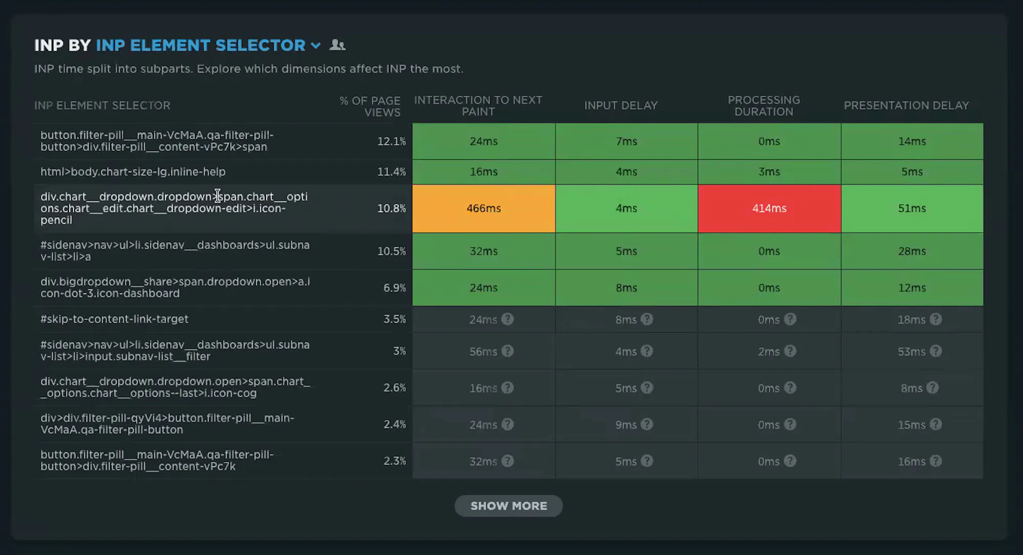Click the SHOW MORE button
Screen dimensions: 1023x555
click(x=508, y=506)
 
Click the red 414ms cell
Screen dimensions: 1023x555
click(x=769, y=208)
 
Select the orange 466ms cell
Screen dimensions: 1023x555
click(x=484, y=208)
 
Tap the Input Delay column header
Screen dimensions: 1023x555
click(x=621, y=105)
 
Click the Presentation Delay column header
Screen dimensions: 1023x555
click(x=906, y=105)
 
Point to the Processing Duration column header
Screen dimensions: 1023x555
click(x=764, y=106)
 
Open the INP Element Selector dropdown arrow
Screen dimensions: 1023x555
click(x=316, y=46)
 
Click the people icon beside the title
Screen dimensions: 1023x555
click(x=338, y=45)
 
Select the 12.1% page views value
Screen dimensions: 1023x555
click(x=391, y=141)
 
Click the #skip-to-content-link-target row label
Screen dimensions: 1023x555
click(x=115, y=319)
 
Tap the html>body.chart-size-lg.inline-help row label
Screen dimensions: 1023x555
click(x=133, y=172)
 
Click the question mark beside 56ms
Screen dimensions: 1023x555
click(x=507, y=351)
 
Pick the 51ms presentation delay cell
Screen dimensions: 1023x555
click(x=912, y=208)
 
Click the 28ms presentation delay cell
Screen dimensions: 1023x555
click(x=912, y=251)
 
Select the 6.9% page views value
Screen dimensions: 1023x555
click(x=395, y=288)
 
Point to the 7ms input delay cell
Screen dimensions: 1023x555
click(x=627, y=141)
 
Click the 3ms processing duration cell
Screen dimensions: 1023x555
click(x=769, y=172)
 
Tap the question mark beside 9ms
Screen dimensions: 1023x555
click(x=647, y=424)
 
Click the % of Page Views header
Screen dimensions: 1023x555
click(x=370, y=106)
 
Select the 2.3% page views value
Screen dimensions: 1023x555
click(x=395, y=461)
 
